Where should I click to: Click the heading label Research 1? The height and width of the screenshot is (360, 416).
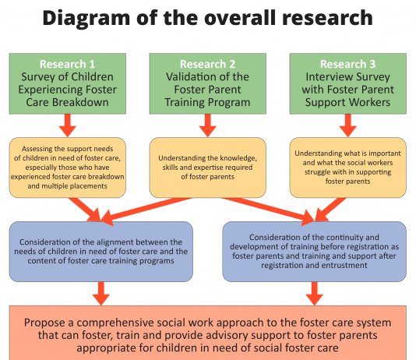(67, 64)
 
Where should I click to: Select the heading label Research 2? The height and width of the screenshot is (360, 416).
(207, 64)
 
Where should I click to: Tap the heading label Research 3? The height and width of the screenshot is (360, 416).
(347, 64)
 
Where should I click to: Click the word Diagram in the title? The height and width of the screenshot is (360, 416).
(86, 18)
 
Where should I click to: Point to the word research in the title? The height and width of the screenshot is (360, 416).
(327, 18)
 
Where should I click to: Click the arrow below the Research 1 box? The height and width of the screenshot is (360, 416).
(68, 125)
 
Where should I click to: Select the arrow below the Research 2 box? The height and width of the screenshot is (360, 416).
(208, 125)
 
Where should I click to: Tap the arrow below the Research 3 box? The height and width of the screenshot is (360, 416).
(347, 125)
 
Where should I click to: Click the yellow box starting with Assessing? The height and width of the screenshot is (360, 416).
(68, 168)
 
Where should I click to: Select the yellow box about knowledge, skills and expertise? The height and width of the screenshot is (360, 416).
(208, 168)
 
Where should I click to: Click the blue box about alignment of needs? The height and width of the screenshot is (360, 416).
(101, 252)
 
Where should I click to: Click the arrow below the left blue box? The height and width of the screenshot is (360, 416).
(101, 294)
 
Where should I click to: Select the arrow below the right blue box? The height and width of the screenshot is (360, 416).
(315, 294)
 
